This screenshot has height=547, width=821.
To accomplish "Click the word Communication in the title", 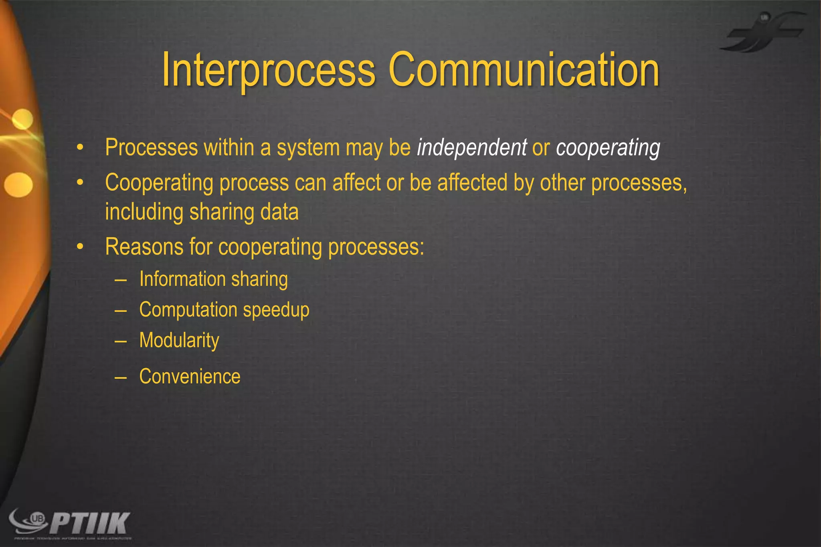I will click(524, 70).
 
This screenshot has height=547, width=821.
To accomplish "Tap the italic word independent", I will click(472, 147).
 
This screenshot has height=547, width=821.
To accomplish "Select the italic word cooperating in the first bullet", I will click(608, 148).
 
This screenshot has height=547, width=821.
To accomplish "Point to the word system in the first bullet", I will click(308, 148).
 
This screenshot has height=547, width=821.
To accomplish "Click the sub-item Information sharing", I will click(213, 279).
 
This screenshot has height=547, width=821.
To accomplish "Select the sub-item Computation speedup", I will click(224, 310).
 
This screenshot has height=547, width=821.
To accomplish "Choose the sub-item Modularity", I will click(179, 341).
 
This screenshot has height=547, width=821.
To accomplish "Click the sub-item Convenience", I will click(190, 377).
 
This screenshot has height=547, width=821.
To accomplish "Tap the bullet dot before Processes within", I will click(80, 148).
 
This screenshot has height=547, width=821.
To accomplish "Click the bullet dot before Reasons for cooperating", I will click(80, 247).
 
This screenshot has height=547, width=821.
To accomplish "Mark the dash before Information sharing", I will click(120, 280).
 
